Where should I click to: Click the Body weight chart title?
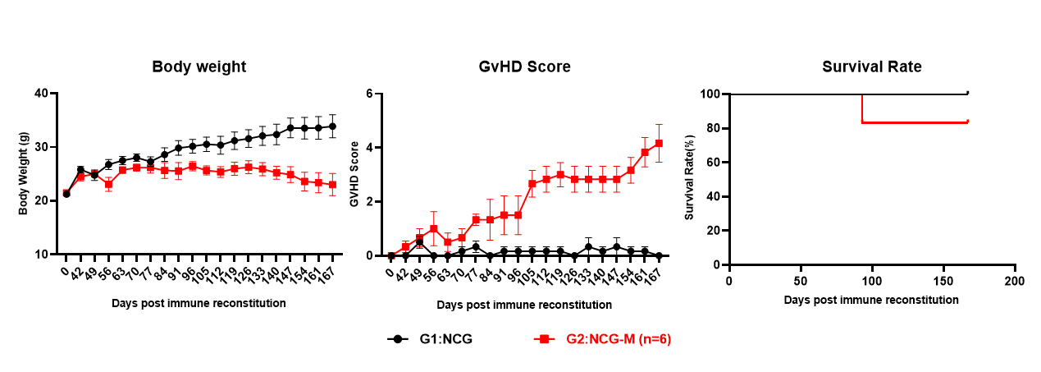pos(199,67)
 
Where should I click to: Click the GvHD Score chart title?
pos(525,67)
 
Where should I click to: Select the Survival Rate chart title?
pos(872,67)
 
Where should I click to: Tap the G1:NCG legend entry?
pos(430,338)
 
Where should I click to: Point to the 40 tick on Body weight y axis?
pos(41,94)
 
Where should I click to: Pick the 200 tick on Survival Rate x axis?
pos(1015,280)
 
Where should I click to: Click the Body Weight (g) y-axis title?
pos(24,174)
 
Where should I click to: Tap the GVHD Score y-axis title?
pos(354,173)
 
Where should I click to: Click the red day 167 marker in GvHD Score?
pos(659,144)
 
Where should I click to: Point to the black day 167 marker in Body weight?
pos(332,126)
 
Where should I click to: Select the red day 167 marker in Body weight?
pos(332,185)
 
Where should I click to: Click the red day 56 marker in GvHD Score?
pos(433,228)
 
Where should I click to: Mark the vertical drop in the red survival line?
pos(862,108)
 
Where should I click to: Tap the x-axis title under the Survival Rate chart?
pos(871,300)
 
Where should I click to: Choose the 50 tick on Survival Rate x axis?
pos(801,280)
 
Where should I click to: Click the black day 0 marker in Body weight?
pos(66,194)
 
